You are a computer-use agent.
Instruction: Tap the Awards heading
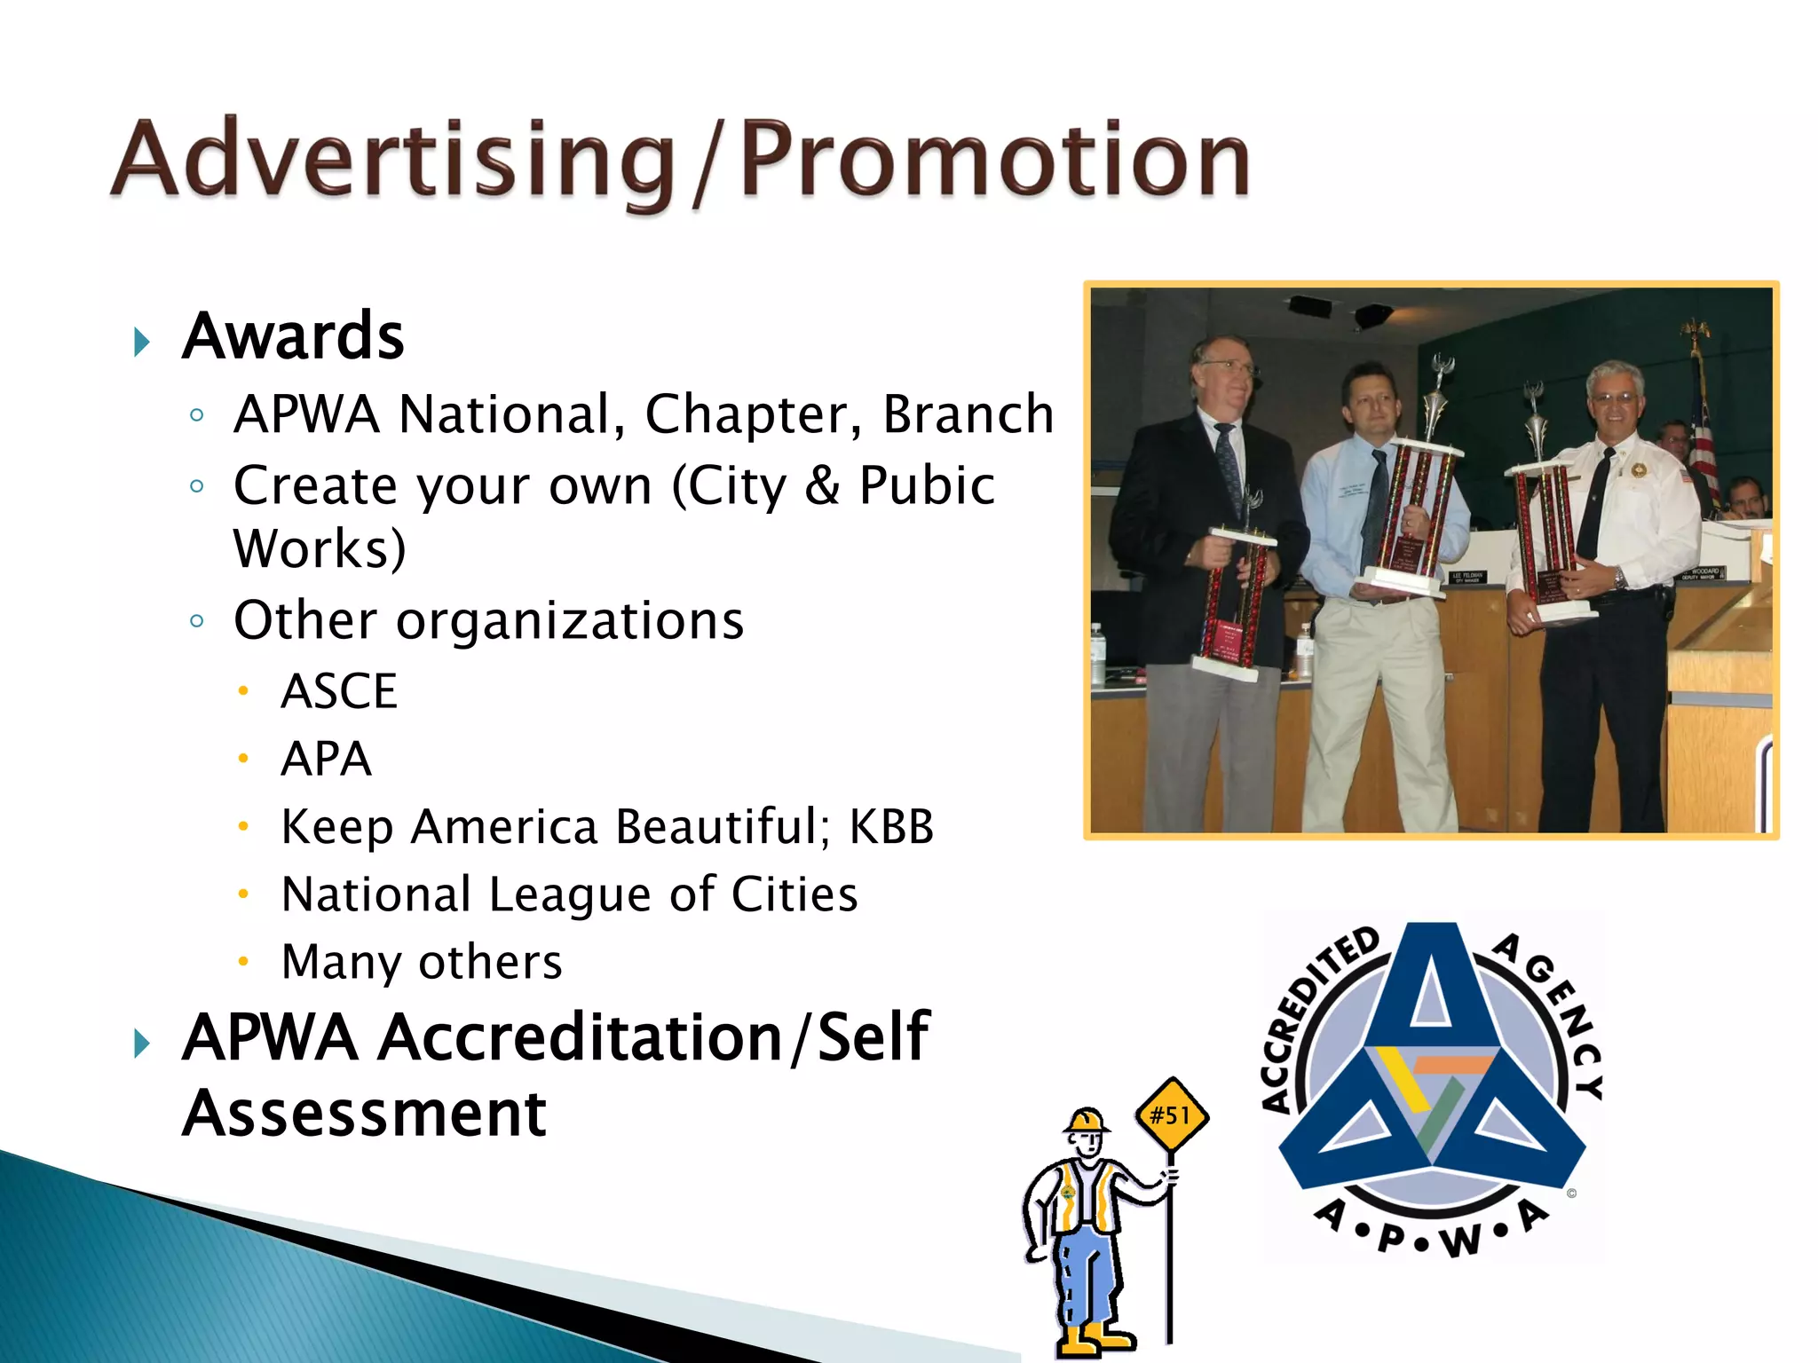[x=293, y=336]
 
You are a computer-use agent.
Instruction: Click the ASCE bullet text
[x=339, y=691]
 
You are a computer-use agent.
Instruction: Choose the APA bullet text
[x=326, y=760]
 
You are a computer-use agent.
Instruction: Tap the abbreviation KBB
[x=891, y=827]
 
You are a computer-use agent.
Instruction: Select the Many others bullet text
[x=422, y=962]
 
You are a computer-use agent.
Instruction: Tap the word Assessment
[x=364, y=1115]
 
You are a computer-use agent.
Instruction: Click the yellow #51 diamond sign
[x=1172, y=1115]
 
